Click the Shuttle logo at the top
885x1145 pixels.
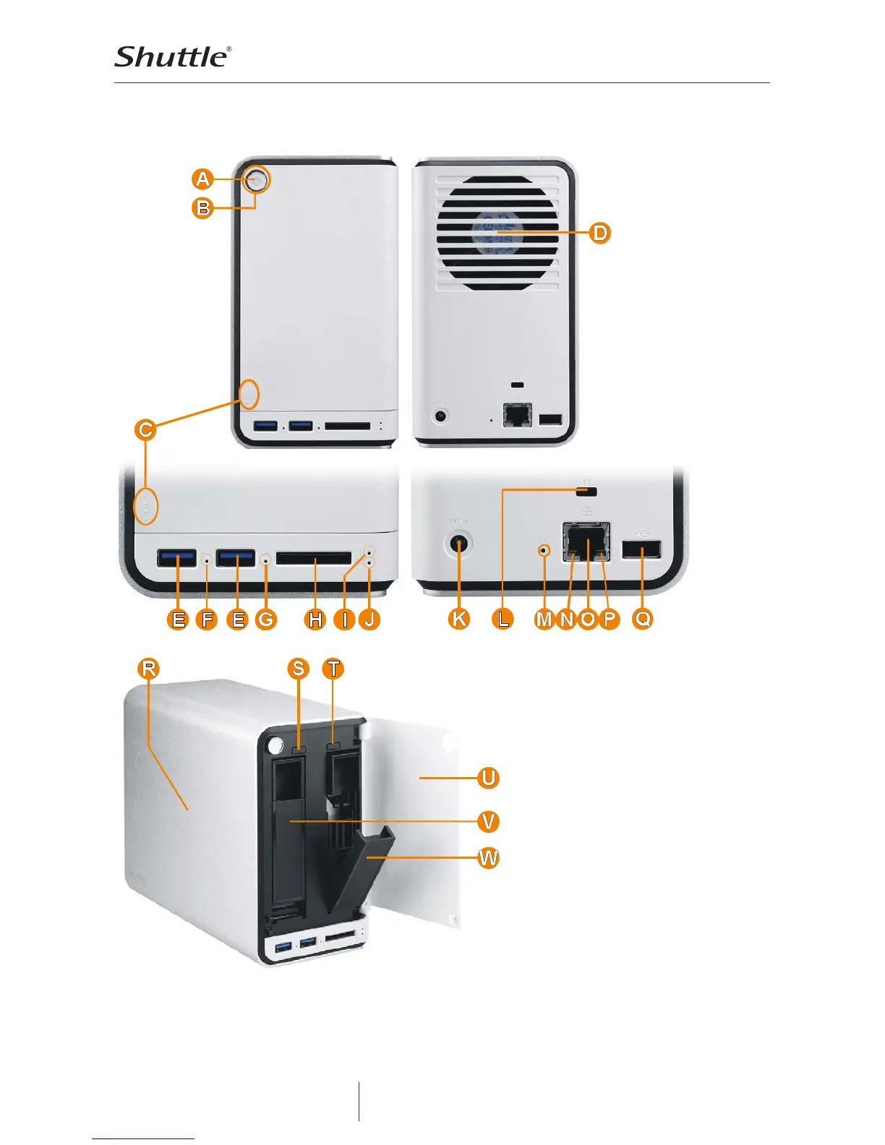173,57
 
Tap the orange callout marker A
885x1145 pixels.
203,179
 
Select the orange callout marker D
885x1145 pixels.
600,233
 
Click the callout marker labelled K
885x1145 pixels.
458,619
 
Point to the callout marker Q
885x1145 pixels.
642,619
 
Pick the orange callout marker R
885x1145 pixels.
148,669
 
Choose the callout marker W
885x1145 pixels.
489,858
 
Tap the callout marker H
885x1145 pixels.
315,619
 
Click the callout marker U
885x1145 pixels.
489,778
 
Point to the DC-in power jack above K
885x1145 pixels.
458,544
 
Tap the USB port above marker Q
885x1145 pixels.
641,550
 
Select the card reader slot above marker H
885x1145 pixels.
314,558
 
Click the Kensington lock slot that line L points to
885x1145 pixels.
588,492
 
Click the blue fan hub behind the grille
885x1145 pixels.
497,233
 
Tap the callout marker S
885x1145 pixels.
298,669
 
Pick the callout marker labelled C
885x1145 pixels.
145,430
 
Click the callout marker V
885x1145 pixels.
489,821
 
